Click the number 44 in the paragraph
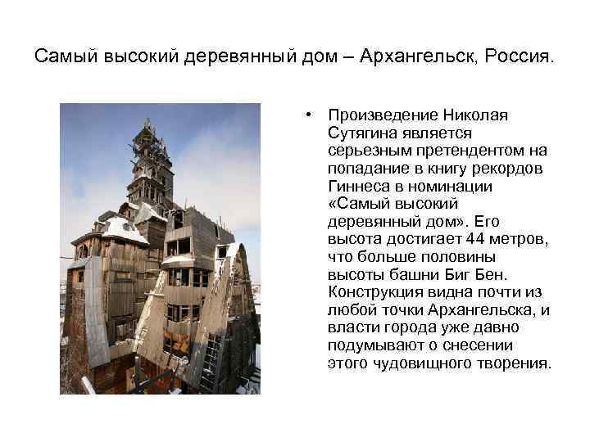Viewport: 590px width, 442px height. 474,239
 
